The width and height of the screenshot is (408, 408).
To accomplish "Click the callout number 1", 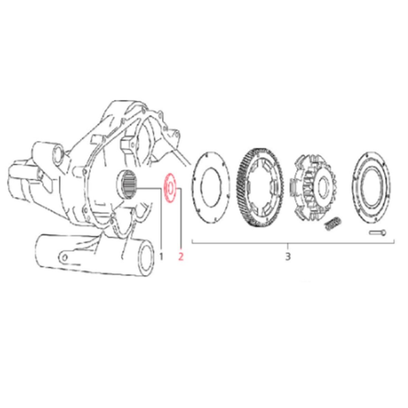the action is [x=161, y=257].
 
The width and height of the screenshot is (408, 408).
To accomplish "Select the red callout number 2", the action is [x=181, y=257].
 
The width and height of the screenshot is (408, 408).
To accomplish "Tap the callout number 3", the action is [x=288, y=257].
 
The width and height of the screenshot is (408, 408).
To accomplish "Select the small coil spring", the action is [x=333, y=223].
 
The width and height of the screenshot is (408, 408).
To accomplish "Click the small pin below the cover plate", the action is [x=378, y=232].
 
